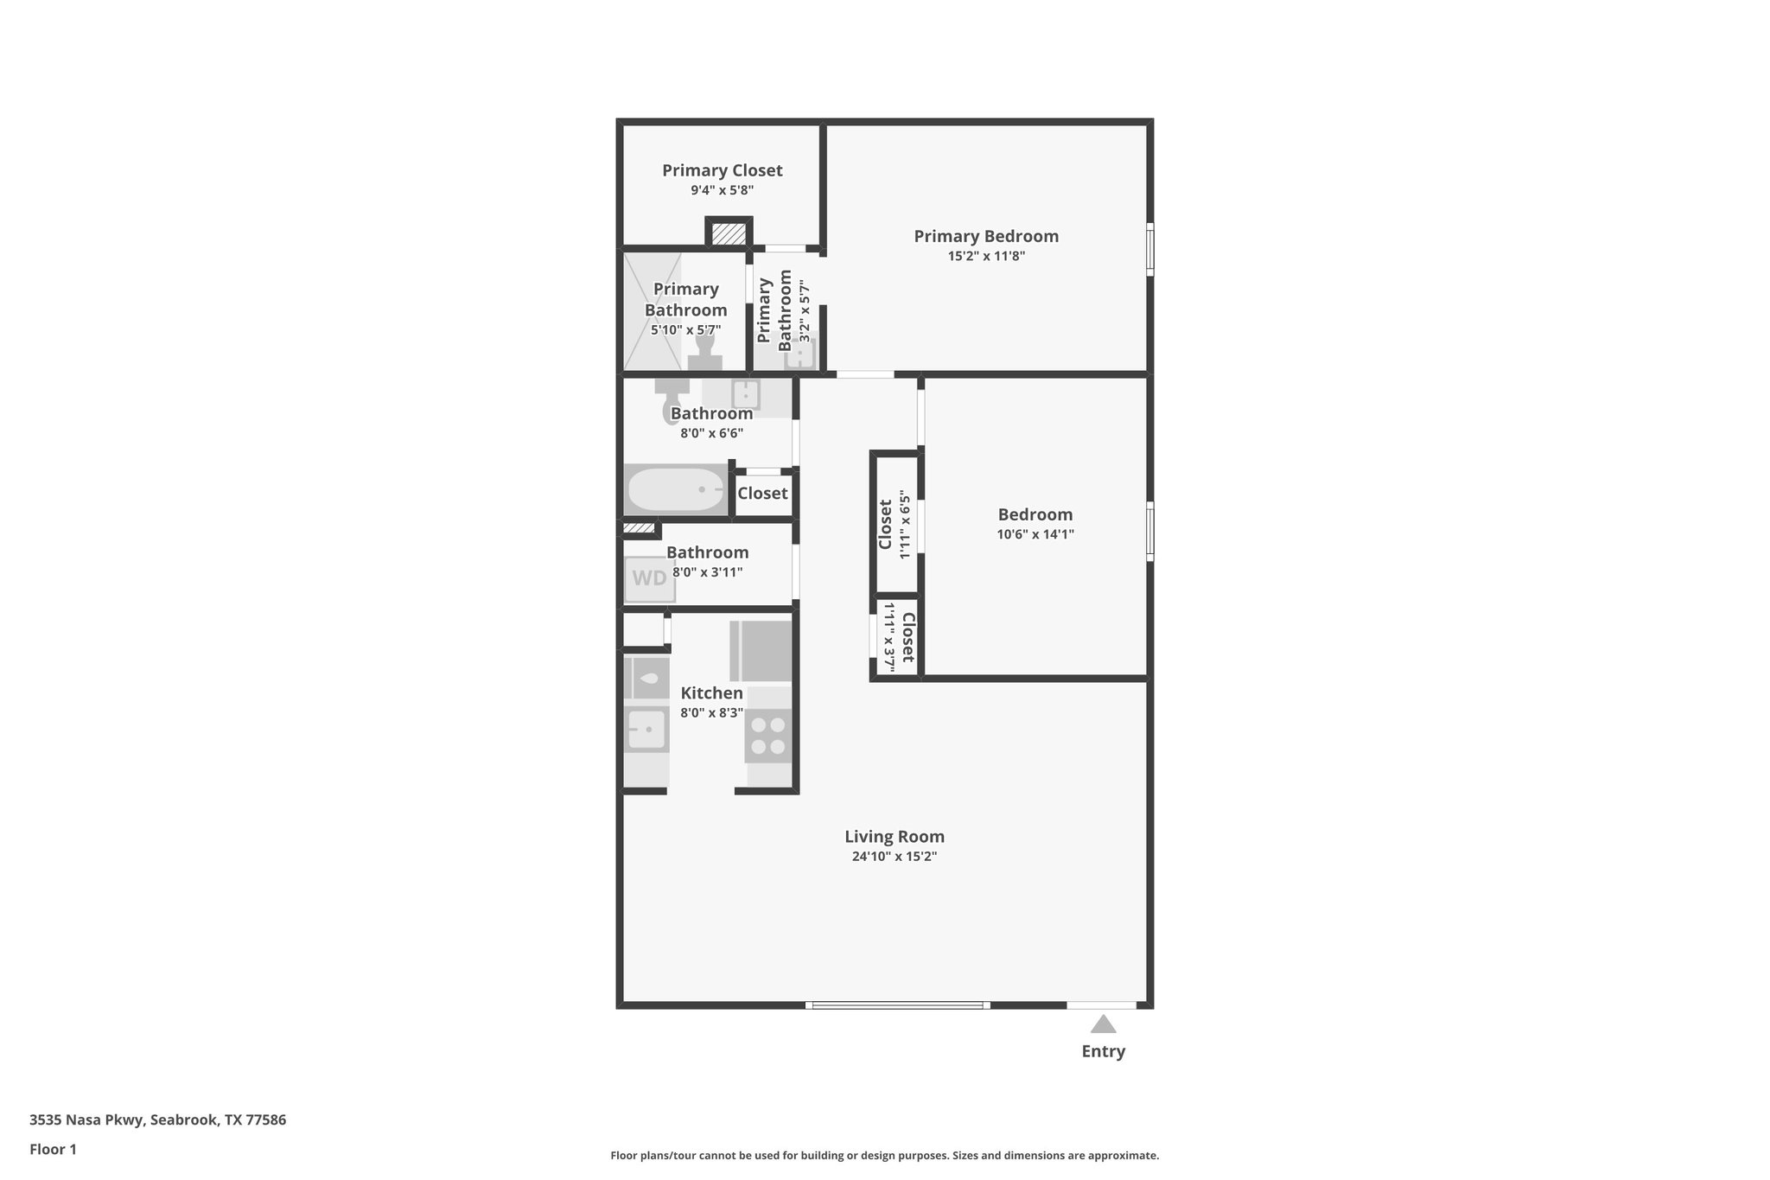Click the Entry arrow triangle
coord(1103,1024)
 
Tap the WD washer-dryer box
coord(650,578)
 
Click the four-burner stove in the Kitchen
coord(768,735)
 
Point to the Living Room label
coord(895,837)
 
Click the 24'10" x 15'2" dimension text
coord(895,857)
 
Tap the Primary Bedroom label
coord(986,236)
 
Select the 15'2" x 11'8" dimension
coord(986,256)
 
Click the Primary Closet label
coord(723,170)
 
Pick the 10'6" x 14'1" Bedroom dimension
coord(1035,534)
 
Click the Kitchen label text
coord(711,693)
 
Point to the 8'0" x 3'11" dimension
coord(707,572)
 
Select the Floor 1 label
coord(53,1149)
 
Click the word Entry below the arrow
coord(1104,1051)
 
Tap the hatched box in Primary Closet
coord(729,233)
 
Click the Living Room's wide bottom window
coord(898,1005)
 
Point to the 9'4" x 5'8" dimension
coord(723,190)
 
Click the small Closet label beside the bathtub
coord(762,493)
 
